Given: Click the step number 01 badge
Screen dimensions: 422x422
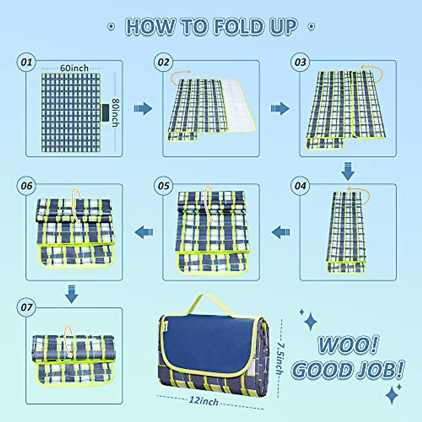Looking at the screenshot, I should coord(26,62).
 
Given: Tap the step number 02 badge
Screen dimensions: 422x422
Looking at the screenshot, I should coord(163,62).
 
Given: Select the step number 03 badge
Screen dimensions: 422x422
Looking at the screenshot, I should coord(300,62).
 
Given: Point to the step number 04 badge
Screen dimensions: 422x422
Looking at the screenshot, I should coord(300,186).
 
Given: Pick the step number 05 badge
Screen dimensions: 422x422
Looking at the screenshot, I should coord(163,186).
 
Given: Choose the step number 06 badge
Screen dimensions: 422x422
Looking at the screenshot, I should coord(26,186).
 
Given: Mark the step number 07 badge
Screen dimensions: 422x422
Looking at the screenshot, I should coord(26,307).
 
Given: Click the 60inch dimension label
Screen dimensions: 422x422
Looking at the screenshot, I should coord(74,68).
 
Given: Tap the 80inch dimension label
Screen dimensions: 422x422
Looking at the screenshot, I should coord(115,112).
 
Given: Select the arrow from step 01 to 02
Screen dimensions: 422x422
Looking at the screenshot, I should coord(143,109).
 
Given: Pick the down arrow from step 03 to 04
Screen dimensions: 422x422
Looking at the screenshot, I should coord(348,171).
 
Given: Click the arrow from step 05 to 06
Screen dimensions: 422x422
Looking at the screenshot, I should coord(145,232).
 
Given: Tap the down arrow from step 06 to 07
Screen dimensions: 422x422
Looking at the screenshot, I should coord(72,294).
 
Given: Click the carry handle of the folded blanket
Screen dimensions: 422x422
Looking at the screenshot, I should coord(211,302).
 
